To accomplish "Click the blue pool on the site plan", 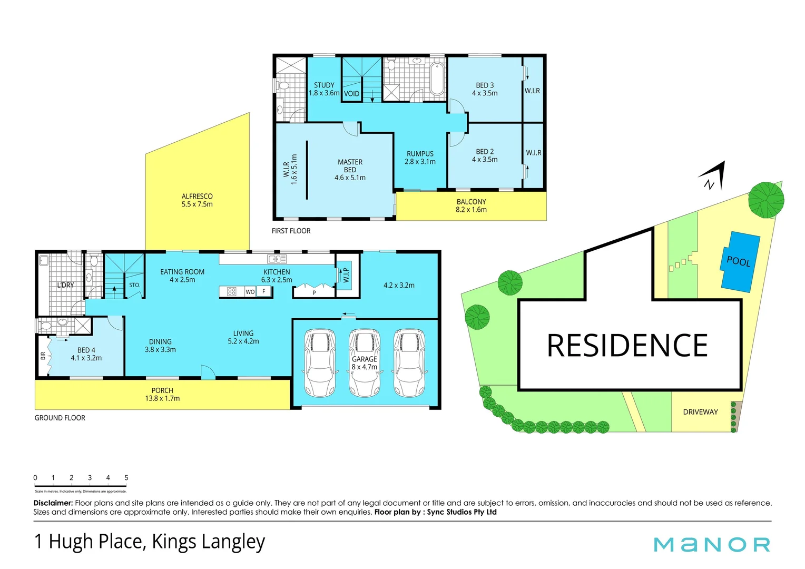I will (x=740, y=261).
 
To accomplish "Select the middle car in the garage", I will (x=365, y=363).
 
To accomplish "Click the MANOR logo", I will (x=712, y=544).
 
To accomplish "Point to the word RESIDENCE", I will (x=627, y=346).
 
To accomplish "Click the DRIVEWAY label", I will (x=700, y=412).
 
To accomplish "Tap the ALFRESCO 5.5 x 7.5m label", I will (x=197, y=200).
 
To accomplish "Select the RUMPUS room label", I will (x=420, y=158).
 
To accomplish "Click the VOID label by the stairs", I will (x=351, y=94).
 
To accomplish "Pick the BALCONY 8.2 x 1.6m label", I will (x=471, y=205).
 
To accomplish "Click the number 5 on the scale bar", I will (x=126, y=478).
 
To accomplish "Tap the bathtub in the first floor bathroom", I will (x=437, y=79).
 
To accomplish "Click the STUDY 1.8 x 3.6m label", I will (x=324, y=89).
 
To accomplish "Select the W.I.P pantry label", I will (x=346, y=274).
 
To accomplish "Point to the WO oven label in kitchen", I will (x=250, y=292).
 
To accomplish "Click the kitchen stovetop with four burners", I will (x=232, y=291).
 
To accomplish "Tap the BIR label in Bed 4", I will (x=43, y=356).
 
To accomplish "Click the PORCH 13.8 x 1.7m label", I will (x=162, y=395).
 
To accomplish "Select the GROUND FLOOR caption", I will (x=60, y=418).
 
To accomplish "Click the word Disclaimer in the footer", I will (x=53, y=503).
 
